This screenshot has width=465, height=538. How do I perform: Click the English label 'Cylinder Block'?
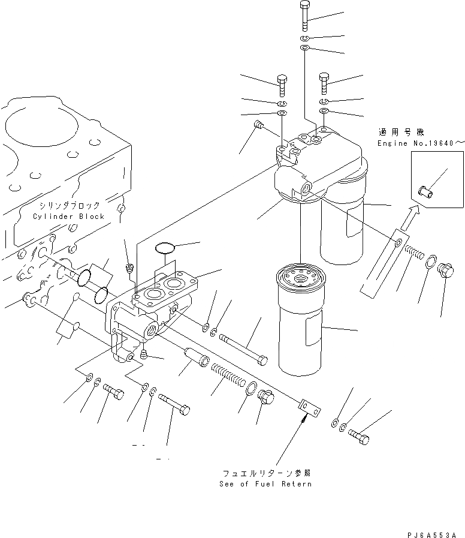[x=68, y=217]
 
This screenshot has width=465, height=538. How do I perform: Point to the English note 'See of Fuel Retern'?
[x=265, y=484]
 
